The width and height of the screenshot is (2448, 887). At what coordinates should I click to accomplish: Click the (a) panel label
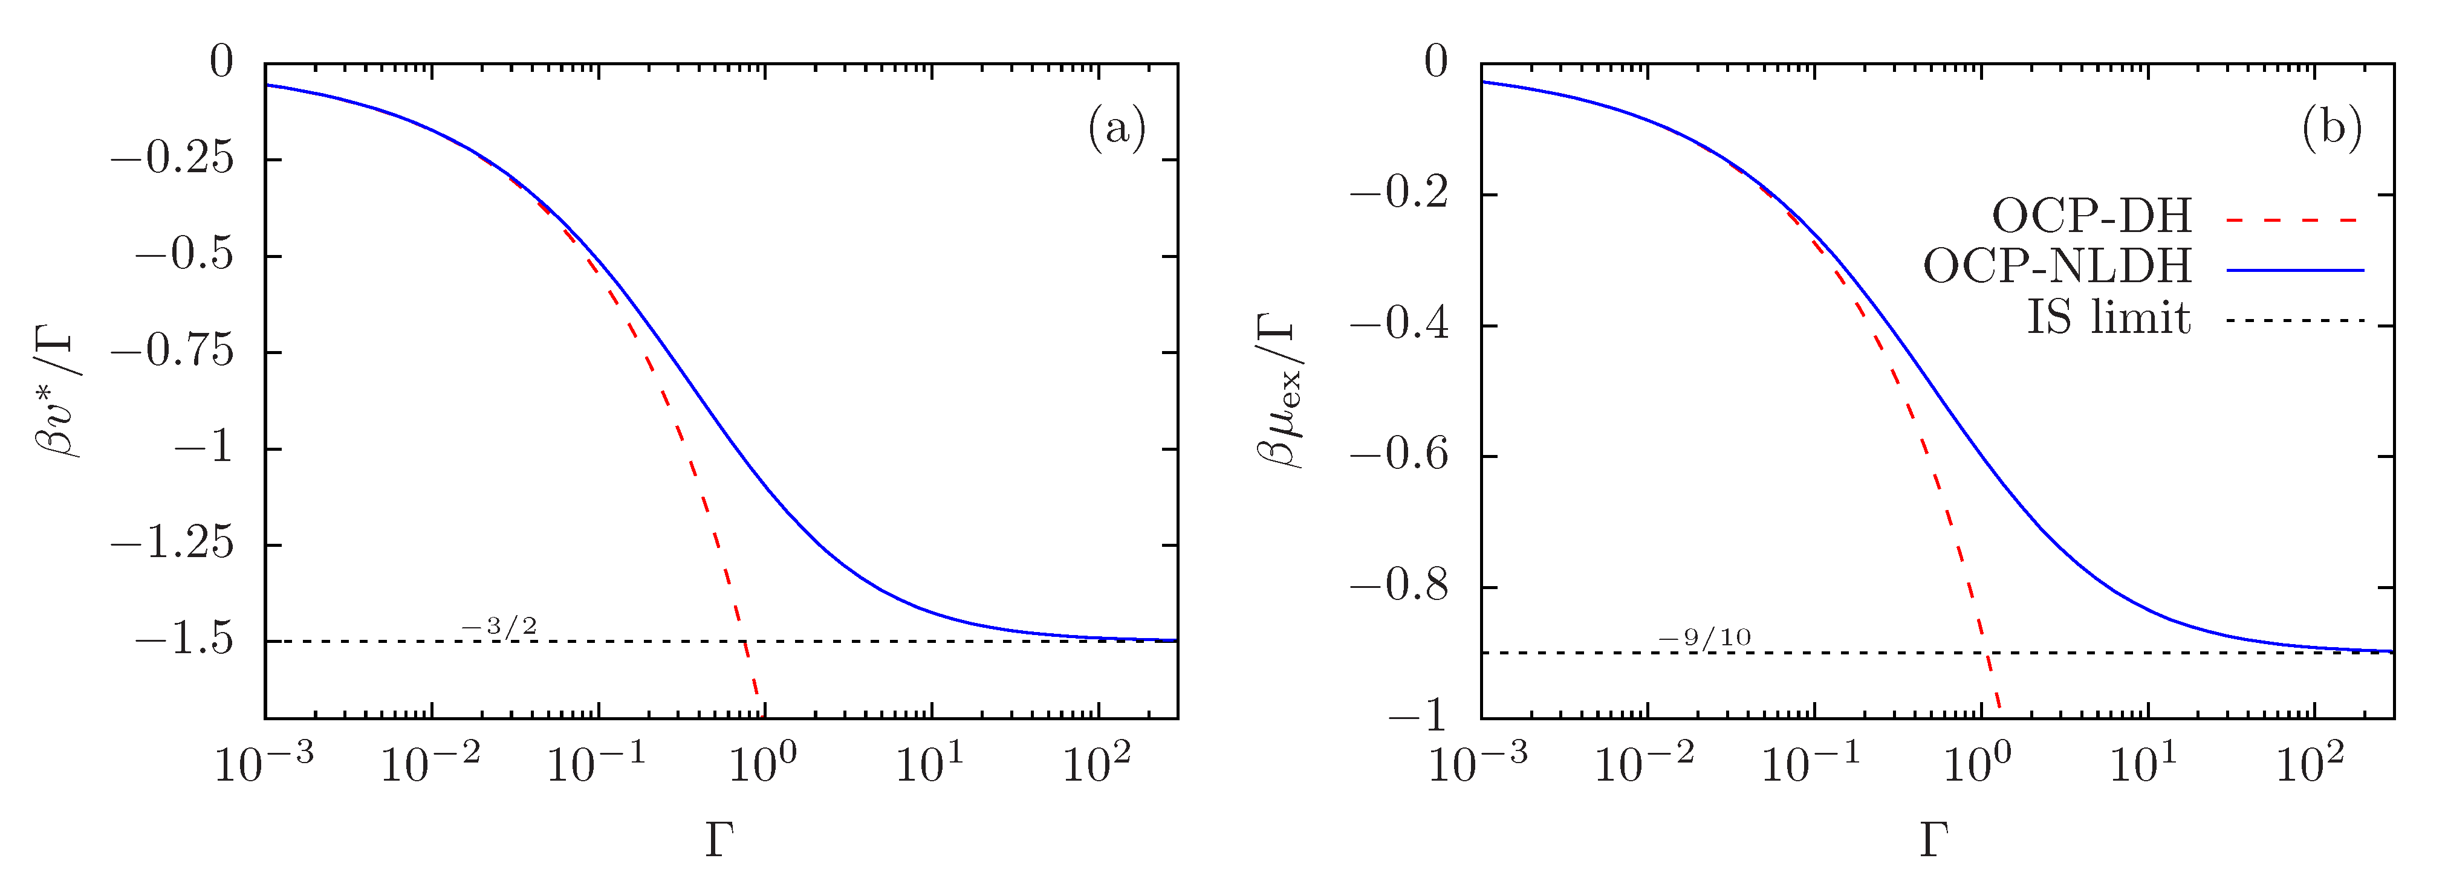point(1117,127)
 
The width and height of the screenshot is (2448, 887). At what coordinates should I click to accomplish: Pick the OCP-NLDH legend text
point(2057,267)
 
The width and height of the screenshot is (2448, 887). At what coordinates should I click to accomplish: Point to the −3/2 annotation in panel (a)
point(499,627)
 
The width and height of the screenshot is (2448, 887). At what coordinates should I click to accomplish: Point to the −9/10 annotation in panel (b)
point(1704,637)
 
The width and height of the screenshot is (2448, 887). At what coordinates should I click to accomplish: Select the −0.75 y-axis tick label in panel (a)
point(172,352)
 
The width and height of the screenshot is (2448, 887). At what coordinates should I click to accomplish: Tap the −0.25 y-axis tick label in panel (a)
point(172,158)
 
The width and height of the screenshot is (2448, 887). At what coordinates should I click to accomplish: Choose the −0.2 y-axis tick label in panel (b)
point(1399,194)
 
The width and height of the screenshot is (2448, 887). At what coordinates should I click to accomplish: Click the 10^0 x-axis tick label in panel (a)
point(763,763)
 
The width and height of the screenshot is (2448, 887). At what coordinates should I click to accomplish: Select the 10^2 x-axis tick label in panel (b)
point(2310,763)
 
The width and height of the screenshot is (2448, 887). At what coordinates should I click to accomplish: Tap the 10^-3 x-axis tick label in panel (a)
point(263,763)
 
